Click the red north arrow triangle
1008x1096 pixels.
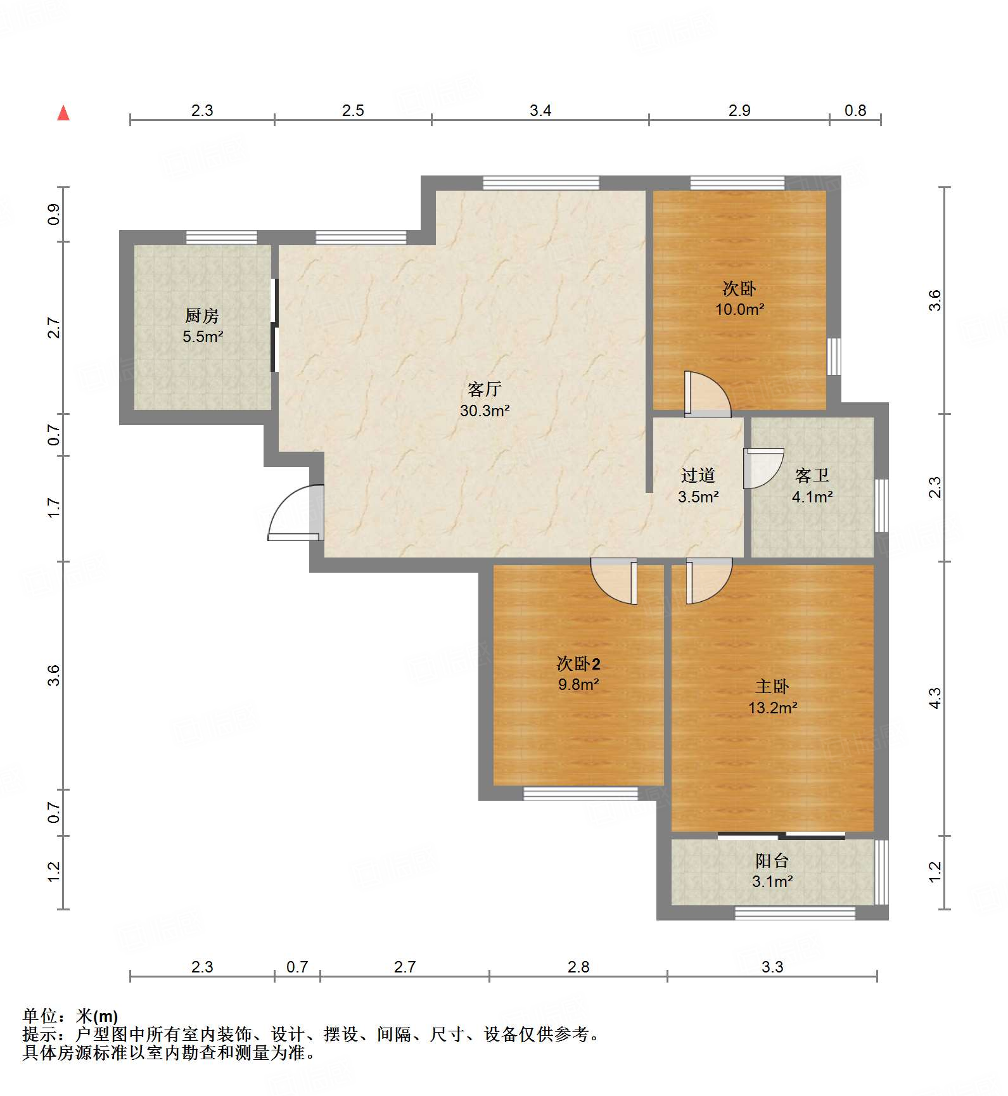click(63, 113)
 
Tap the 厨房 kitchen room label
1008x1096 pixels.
click(202, 315)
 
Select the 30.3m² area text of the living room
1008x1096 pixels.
click(485, 411)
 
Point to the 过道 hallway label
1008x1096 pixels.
click(698, 475)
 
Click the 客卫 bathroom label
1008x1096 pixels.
click(812, 475)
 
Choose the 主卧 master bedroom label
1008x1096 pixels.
click(772, 686)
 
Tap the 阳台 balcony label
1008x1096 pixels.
click(772, 860)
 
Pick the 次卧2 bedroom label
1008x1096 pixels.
click(578, 663)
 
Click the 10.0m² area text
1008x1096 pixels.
click(739, 310)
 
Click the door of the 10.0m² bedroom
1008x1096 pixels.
click(708, 395)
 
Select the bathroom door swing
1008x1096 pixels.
click(763, 468)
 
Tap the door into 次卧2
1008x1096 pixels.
click(614, 581)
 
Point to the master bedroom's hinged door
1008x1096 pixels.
click(709, 581)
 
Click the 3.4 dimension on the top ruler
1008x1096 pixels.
click(540, 110)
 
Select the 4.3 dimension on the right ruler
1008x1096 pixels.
click(935, 698)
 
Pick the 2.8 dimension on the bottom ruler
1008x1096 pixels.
click(578, 967)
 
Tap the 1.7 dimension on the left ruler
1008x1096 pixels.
click(54, 508)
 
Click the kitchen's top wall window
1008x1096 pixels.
click(222, 238)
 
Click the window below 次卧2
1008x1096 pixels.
click(580, 794)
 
